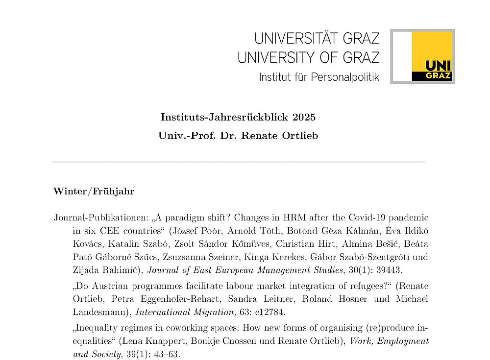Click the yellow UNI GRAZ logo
coord(431,56)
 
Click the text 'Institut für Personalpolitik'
coord(318,77)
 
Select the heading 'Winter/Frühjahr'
coord(94,191)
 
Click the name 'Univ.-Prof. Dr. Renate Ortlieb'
coord(238,136)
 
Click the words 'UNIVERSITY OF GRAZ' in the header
coord(309,57)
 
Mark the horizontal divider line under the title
coord(238,162)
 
